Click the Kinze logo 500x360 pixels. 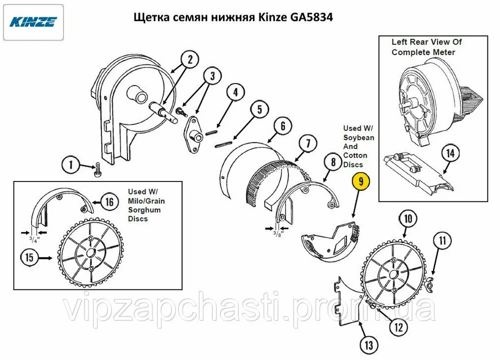click(x=33, y=22)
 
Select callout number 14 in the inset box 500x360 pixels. click(x=450, y=153)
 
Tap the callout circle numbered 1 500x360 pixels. click(x=70, y=164)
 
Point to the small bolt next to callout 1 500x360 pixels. click(x=96, y=170)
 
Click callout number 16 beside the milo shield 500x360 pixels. click(x=109, y=202)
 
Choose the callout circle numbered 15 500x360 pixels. click(x=29, y=257)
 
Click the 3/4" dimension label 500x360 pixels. click(x=34, y=240)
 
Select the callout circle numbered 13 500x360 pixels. click(x=368, y=344)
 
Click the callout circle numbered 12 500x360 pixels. click(x=398, y=327)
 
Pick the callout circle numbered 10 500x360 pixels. click(x=408, y=218)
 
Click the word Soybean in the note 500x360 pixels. click(x=358, y=137)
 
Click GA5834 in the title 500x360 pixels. click(x=311, y=17)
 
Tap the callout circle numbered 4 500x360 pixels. click(x=235, y=92)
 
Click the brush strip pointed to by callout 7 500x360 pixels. click(x=274, y=180)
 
